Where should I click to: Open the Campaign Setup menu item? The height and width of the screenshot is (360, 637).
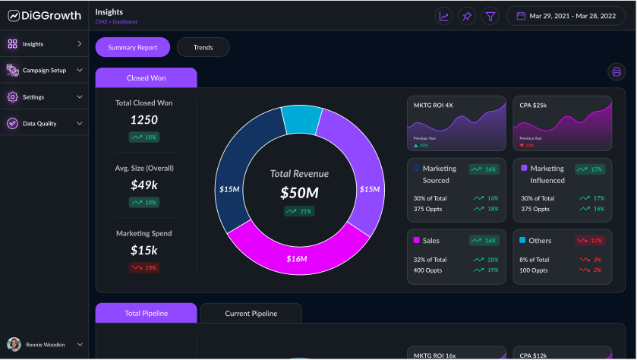(x=44, y=71)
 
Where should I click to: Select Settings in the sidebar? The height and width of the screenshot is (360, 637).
(x=33, y=97)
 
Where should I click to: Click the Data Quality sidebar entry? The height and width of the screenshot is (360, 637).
(x=39, y=123)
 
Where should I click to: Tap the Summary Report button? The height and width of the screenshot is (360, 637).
(x=133, y=47)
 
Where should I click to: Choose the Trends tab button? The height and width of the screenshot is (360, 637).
(x=203, y=47)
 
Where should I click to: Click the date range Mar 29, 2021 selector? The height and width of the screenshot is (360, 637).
(x=566, y=16)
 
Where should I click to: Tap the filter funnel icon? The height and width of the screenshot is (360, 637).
(x=490, y=16)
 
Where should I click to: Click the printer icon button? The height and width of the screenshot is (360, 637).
(x=616, y=72)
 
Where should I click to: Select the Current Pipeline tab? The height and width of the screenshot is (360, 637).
(x=251, y=313)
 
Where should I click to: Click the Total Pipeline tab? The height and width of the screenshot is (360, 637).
(x=146, y=313)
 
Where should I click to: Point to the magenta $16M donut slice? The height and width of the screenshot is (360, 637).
(x=297, y=257)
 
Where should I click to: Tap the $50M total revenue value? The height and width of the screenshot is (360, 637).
(x=298, y=193)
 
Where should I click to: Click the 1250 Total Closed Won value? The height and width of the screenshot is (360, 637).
(x=143, y=120)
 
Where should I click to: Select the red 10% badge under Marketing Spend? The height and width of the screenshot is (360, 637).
(x=143, y=267)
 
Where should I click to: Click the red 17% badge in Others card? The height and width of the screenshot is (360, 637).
(x=589, y=241)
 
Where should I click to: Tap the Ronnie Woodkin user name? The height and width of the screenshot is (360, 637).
(x=46, y=345)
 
